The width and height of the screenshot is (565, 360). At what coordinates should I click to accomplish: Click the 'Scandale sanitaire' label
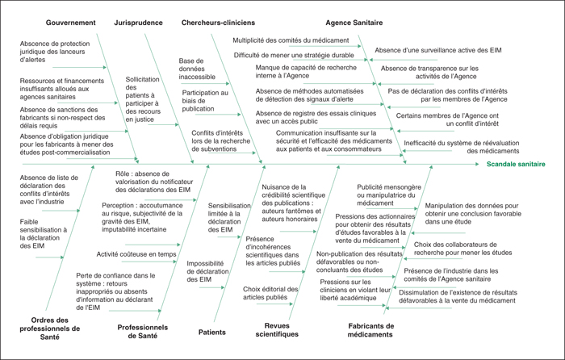(x=516, y=165)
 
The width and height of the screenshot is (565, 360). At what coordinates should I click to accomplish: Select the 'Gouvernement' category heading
(x=71, y=23)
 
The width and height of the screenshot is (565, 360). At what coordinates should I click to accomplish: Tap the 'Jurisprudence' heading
(x=138, y=23)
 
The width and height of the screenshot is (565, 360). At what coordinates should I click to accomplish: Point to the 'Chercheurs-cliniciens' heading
(x=218, y=23)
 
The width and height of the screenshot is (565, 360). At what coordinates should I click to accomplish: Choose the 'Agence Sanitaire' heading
(x=354, y=23)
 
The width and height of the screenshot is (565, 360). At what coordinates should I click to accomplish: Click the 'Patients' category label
(x=211, y=333)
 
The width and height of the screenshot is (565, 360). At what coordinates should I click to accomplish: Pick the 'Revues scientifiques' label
(x=277, y=330)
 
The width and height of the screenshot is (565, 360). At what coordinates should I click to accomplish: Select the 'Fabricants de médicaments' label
(x=370, y=330)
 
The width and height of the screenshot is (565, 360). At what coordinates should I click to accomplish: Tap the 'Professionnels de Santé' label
(x=143, y=332)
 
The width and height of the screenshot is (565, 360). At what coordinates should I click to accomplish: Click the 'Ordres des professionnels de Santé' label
(x=50, y=329)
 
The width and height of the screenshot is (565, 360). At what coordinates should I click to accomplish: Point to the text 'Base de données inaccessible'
(x=197, y=69)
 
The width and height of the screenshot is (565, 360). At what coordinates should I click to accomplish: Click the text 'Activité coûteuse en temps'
(x=136, y=254)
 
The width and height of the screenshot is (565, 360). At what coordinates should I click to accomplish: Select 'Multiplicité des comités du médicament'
(x=291, y=40)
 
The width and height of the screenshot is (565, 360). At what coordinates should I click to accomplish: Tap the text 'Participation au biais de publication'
(x=205, y=101)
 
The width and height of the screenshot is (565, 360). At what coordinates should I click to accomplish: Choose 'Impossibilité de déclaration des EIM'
(x=207, y=271)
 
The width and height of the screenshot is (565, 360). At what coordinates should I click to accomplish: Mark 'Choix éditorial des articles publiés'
(x=270, y=293)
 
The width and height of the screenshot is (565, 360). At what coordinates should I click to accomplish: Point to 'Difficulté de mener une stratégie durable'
(x=294, y=56)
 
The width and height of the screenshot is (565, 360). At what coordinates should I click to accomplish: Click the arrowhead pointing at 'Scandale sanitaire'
(x=477, y=165)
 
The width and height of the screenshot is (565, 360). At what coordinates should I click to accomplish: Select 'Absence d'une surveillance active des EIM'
(x=438, y=51)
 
